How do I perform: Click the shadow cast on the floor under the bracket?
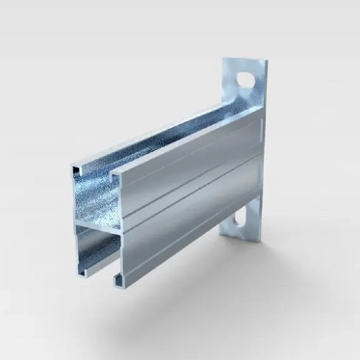(193, 289)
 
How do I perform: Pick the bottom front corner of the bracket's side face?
(121, 286)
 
